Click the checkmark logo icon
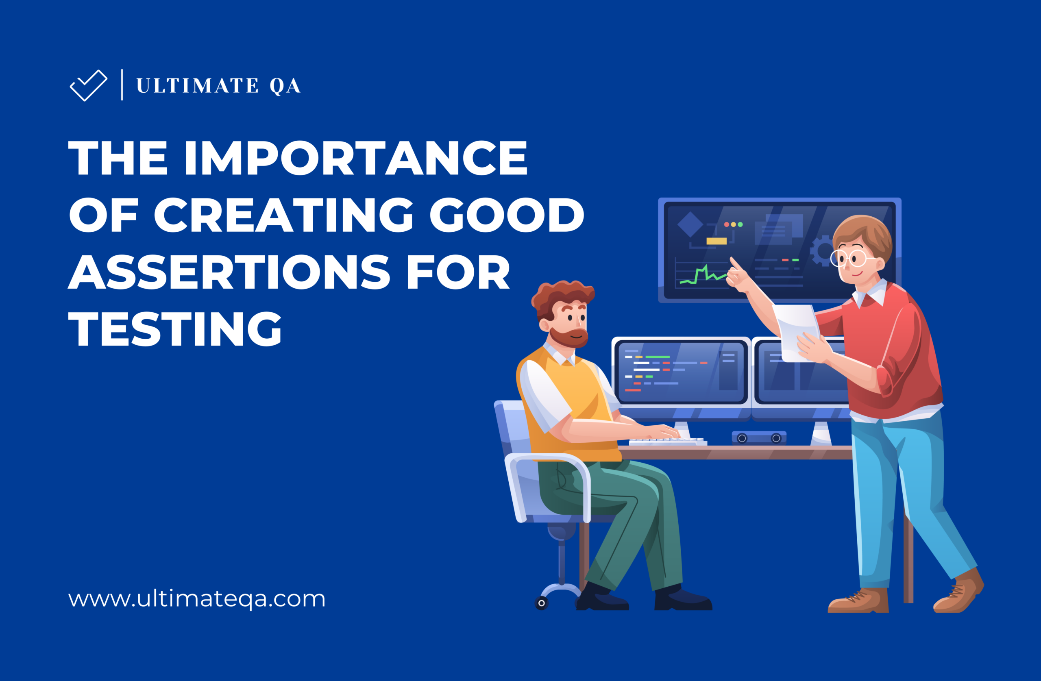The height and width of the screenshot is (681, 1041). click(x=88, y=85)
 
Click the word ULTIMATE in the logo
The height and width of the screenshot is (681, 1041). click(x=198, y=86)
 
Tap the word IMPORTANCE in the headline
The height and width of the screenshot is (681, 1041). click(x=355, y=158)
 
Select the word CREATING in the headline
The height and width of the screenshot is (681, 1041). click(x=283, y=215)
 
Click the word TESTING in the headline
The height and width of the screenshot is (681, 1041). click(x=175, y=329)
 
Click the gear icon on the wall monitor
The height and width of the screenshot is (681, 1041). click(x=821, y=250)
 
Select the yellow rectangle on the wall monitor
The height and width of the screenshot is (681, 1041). click(x=717, y=241)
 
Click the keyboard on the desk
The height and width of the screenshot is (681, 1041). click(x=667, y=442)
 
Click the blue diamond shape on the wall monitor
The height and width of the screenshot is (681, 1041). click(x=690, y=224)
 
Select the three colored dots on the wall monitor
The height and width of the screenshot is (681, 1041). click(x=734, y=224)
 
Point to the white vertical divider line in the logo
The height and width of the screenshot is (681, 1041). click(x=122, y=85)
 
